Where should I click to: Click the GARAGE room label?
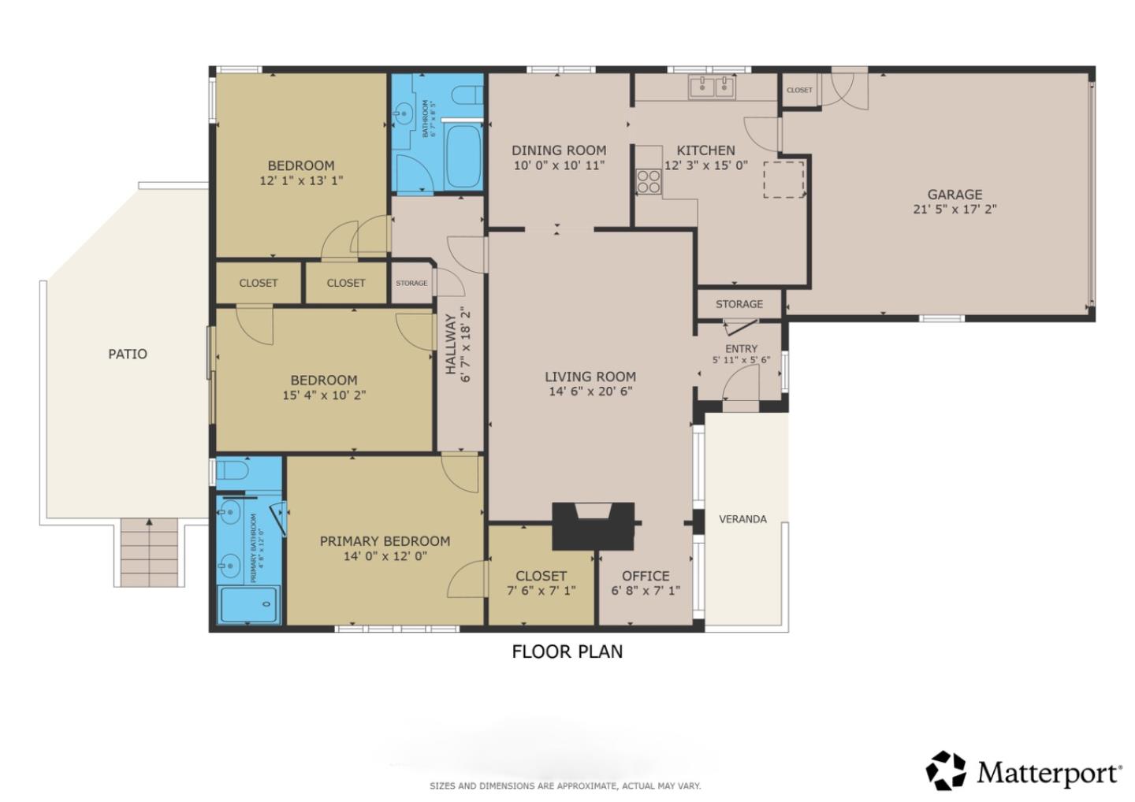pos(955,194)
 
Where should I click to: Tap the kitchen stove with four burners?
pos(649,182)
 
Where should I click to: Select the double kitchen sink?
pos(712,87)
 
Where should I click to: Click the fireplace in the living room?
pos(593,525)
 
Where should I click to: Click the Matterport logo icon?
pos(945,770)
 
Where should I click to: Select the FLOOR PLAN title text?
pos(567,652)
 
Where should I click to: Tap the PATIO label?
pos(128,354)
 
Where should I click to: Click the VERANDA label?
pos(742,519)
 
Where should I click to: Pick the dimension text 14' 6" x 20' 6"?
pos(590,392)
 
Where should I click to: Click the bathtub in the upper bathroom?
pos(463,154)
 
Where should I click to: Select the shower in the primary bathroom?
pos(248,604)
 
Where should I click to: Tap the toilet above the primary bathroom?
pos(233,471)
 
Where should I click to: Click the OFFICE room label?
pos(646,576)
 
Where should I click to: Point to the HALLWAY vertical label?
pos(451,344)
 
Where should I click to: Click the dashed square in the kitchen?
pos(783,179)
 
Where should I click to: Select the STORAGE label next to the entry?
pos(739,304)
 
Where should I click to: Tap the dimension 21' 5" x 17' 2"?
pos(955,210)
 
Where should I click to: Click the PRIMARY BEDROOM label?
pos(385,541)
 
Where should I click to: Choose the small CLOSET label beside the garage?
pos(799,90)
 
